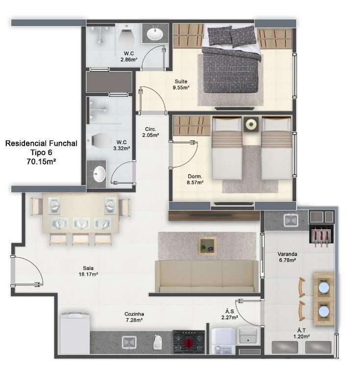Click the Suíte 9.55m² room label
[x=181, y=84]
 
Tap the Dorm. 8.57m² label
[x=195, y=179]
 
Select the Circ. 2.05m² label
[x=151, y=132]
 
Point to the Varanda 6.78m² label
[x=287, y=257]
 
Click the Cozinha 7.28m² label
[x=134, y=317]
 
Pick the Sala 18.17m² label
[x=88, y=271]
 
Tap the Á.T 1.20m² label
[x=302, y=333]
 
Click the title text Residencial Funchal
[x=41, y=143]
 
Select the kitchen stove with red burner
[x=189, y=342]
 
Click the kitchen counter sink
[x=129, y=342]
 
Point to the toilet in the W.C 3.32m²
[x=99, y=140]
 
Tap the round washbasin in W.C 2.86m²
[x=155, y=34]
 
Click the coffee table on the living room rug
[x=207, y=246]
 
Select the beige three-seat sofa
[x=206, y=276]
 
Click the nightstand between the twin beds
[x=251, y=124]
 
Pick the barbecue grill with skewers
[x=321, y=236]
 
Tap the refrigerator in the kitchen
[x=75, y=333]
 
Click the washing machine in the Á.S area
[x=223, y=341]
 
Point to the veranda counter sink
[x=290, y=220]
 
